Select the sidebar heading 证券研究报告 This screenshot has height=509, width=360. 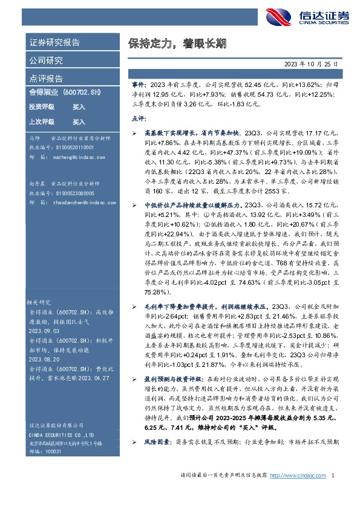point(55,42)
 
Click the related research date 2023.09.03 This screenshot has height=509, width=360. point(45,332)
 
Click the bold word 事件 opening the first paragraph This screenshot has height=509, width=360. point(139,86)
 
